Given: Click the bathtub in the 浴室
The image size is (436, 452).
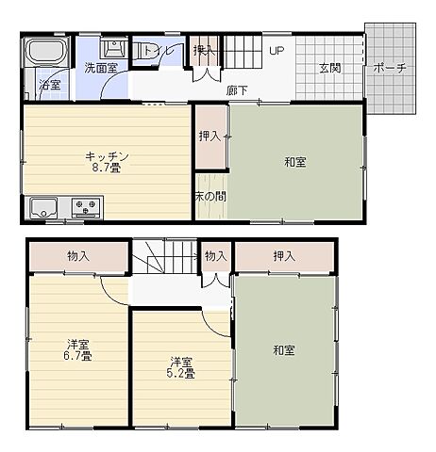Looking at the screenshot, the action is (x=48, y=50).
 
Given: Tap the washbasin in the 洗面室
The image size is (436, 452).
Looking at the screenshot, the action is (x=114, y=48).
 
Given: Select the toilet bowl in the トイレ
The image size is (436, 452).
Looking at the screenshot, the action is (x=144, y=50).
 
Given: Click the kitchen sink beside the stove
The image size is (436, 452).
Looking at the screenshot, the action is (x=43, y=208).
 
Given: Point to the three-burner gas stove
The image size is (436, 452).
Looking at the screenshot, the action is (x=87, y=207).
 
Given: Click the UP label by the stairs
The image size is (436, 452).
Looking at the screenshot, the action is (x=277, y=51).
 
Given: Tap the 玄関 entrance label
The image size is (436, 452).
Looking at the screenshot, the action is (x=330, y=68).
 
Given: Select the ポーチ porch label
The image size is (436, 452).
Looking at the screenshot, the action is (x=390, y=68).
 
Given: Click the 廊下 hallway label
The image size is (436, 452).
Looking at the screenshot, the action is (x=237, y=90).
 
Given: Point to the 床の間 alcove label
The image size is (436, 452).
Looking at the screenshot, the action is (x=211, y=197).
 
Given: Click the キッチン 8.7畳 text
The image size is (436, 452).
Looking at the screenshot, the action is (x=107, y=162).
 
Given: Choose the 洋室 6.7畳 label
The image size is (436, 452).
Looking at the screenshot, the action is (x=77, y=350).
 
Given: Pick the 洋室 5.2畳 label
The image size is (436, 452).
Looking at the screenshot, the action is (x=180, y=367).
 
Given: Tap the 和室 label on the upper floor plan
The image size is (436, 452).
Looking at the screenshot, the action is (x=295, y=162).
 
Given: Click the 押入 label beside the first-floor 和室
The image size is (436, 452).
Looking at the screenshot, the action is (x=210, y=137).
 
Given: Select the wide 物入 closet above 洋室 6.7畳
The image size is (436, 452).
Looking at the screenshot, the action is (x=78, y=256).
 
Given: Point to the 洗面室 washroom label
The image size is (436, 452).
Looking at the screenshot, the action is (x=101, y=68).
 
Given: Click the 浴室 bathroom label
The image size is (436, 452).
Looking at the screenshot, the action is (x=50, y=85).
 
